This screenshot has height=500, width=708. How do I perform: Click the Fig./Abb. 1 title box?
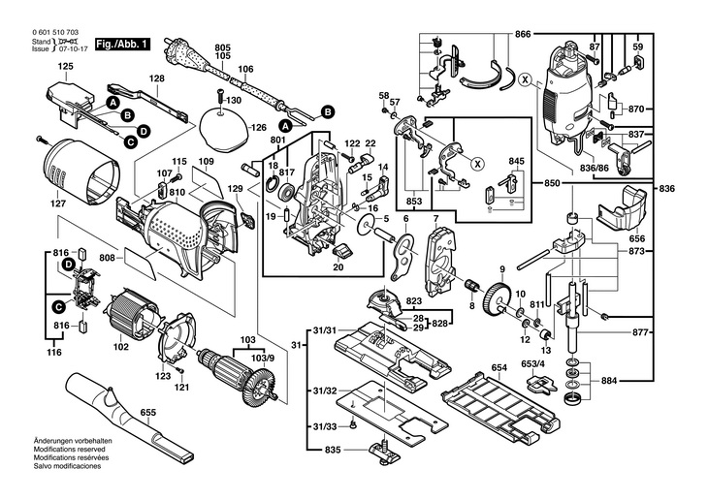122,45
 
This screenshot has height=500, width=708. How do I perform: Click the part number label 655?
148,411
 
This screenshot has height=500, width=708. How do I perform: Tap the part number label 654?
499,367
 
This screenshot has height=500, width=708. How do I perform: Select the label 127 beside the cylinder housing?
58,203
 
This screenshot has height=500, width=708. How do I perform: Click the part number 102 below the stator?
121,346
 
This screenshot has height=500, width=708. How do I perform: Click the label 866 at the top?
523,34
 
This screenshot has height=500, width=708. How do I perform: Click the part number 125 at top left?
65,66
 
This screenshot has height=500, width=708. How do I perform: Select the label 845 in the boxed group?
516,161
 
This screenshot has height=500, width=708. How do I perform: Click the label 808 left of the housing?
107,258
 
